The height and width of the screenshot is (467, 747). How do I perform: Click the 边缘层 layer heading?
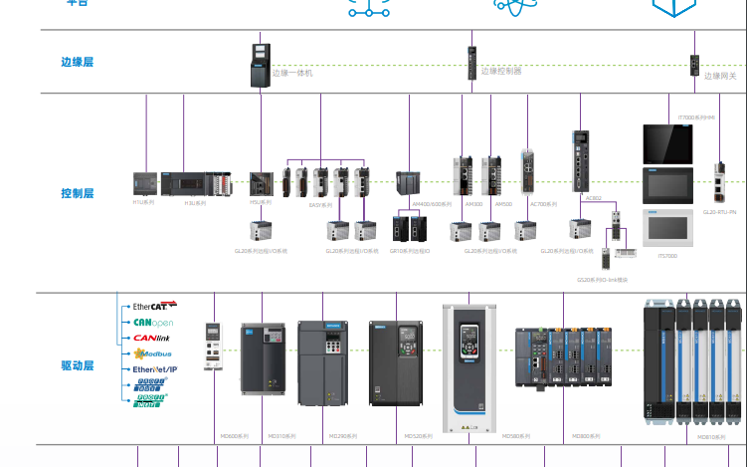[x=77, y=62]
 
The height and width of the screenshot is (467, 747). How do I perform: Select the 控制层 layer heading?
[x=77, y=193]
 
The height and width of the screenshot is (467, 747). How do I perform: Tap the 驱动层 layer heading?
[x=77, y=365]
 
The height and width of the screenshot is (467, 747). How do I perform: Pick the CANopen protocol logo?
[x=152, y=322]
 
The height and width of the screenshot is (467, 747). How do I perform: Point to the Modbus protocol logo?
[x=152, y=353]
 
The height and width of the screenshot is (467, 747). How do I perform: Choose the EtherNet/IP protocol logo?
[x=154, y=369]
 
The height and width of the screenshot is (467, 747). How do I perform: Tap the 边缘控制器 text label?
[x=501, y=72]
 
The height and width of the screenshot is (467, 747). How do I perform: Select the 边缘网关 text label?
[x=720, y=76]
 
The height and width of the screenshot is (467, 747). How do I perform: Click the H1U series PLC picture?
[x=145, y=183]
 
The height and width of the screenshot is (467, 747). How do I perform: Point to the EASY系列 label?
[x=320, y=205]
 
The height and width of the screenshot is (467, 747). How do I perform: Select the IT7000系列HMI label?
[x=697, y=117]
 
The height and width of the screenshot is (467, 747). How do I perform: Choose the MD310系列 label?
[x=280, y=436]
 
